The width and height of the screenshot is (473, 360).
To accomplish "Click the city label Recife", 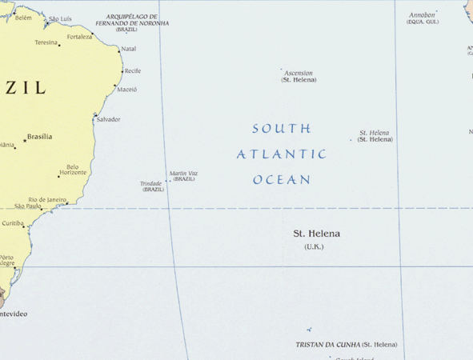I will tap(133, 71).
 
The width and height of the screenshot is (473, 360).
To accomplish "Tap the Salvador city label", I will tap(108, 119).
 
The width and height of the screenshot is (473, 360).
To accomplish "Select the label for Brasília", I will tap(40, 137).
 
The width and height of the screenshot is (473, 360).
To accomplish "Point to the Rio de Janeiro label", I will tap(47, 199).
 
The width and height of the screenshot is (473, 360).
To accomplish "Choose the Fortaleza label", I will tap(79, 37).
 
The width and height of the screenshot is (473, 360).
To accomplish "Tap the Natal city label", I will tap(128, 49).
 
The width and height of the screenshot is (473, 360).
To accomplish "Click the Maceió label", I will tap(127, 90).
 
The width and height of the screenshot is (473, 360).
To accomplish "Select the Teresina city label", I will tap(46, 42).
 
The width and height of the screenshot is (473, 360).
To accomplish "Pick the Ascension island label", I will tap(299, 73).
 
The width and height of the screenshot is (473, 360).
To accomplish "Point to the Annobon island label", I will tap(422, 15).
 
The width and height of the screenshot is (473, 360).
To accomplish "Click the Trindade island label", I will tap(151, 183).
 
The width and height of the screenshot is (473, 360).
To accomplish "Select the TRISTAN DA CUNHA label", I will tap(327, 345).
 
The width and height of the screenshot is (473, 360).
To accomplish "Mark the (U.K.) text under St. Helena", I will tap(314, 247).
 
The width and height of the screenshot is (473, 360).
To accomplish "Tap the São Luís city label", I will tap(60, 18).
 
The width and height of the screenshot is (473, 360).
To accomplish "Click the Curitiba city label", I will tap(13, 223).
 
